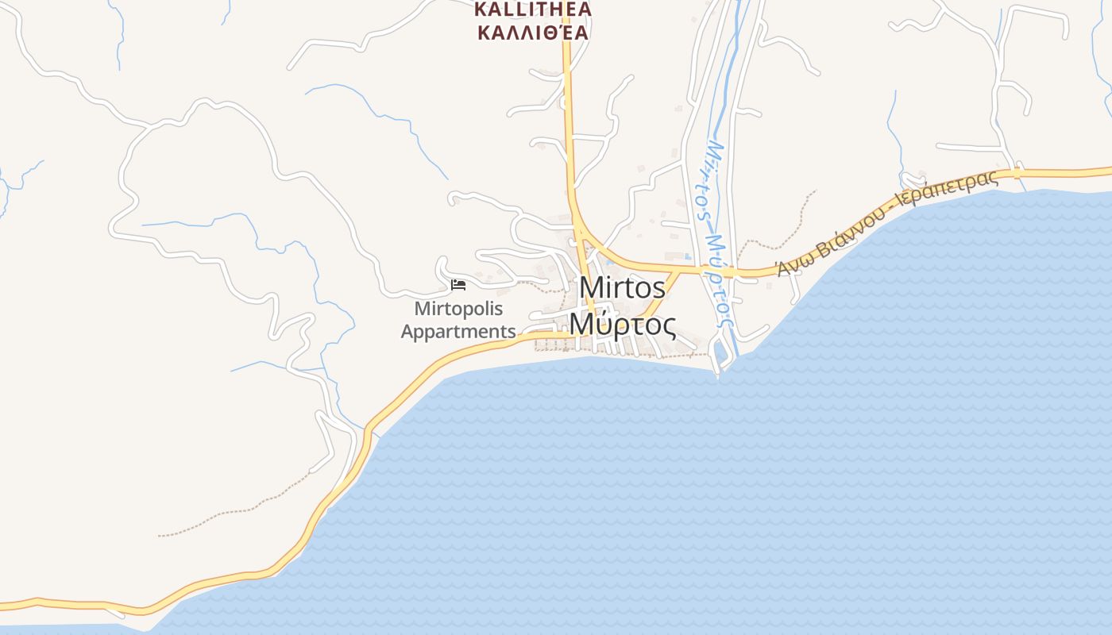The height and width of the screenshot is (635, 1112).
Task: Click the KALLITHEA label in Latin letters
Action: click(x=533, y=10)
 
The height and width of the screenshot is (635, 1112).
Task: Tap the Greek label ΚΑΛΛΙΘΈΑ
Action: click(x=533, y=33)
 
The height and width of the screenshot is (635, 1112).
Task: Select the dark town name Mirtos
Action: click(x=622, y=288)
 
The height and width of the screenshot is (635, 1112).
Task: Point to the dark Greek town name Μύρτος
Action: click(x=623, y=324)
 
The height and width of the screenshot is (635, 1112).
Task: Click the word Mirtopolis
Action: click(x=458, y=309)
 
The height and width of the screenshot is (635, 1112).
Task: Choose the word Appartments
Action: click(x=458, y=331)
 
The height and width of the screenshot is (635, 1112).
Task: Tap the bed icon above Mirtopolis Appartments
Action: click(x=458, y=284)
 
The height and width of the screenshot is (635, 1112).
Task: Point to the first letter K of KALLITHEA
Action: click(x=481, y=10)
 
